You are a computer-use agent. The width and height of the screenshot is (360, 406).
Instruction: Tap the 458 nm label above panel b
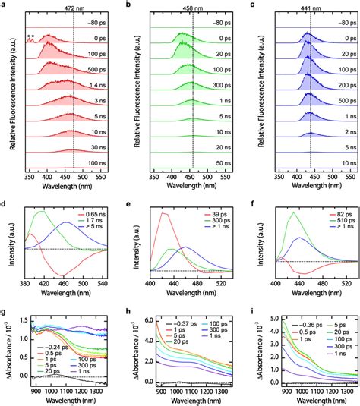193,6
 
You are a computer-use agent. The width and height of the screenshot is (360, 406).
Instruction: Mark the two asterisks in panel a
30,36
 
